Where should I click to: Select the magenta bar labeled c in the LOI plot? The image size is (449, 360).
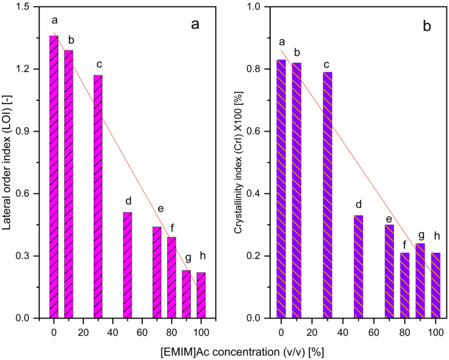[98, 197]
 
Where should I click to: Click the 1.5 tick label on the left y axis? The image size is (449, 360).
[24, 7]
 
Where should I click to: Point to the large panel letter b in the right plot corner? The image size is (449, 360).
[427, 26]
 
